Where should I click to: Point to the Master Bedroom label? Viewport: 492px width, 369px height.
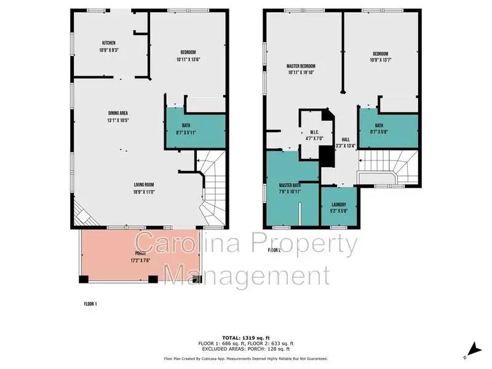(301, 66)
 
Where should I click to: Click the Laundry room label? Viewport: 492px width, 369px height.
(338, 205)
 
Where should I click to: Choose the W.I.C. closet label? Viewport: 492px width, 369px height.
(313, 132)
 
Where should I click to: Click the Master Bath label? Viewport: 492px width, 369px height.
(289, 185)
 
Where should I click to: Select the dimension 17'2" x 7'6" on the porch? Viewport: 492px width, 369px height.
(141, 260)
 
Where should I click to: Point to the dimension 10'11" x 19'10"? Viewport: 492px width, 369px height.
(301, 73)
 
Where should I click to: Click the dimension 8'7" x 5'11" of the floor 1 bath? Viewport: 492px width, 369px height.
(186, 132)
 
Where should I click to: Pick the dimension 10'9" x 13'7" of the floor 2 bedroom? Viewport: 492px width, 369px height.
(382, 60)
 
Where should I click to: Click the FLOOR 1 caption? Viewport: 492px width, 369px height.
(90, 304)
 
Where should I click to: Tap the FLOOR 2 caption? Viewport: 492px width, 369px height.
(274, 250)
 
